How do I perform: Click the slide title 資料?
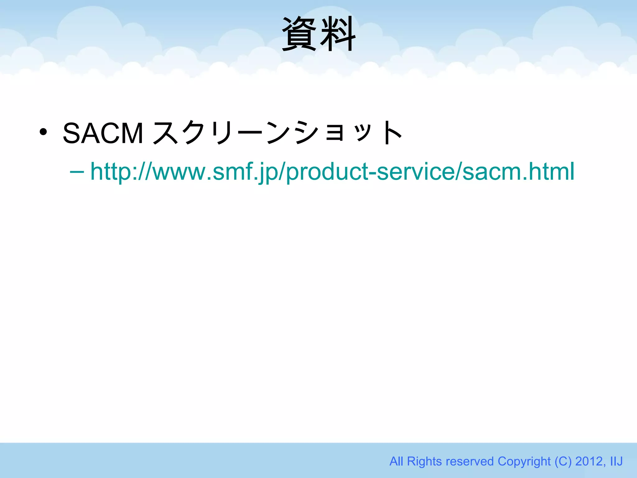click(x=318, y=34)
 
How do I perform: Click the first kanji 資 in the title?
click(x=300, y=34)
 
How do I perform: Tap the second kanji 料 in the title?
click(x=338, y=34)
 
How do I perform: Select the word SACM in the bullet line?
click(x=103, y=133)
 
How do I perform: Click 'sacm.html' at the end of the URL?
click(x=518, y=172)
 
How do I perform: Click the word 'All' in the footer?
click(x=397, y=461)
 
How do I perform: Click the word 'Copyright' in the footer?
click(x=524, y=461)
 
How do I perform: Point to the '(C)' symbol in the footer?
click(x=563, y=461)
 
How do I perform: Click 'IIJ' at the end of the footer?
click(x=616, y=461)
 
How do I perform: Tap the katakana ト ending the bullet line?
click(x=392, y=133)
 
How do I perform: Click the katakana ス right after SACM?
click(x=166, y=133)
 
